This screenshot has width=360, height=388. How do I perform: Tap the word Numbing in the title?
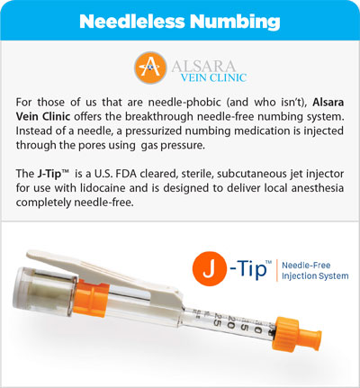pyautogui.click(x=237, y=21)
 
